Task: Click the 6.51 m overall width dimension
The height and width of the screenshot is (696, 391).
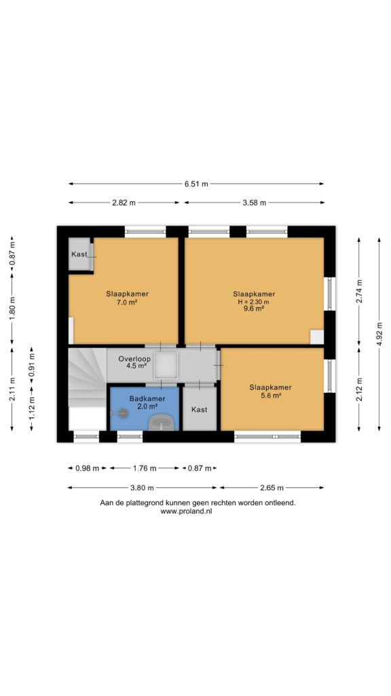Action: [x=196, y=184]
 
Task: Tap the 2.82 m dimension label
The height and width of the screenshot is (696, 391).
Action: [x=124, y=203]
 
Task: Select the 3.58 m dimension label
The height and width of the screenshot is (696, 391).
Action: [x=255, y=203]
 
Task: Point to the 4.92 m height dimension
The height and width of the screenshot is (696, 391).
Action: [x=379, y=334]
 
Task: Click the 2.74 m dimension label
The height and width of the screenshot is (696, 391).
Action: [x=359, y=291]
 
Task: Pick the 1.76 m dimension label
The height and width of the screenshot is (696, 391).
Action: [x=145, y=468]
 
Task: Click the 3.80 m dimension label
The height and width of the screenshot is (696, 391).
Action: [x=142, y=487]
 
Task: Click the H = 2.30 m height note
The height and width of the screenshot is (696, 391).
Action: [x=254, y=302]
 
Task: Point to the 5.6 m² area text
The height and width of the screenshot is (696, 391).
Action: [x=270, y=396]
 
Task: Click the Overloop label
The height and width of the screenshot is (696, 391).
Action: [x=134, y=359]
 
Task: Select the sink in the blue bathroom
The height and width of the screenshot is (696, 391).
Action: [x=162, y=422]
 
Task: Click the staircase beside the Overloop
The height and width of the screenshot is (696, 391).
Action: [x=87, y=377]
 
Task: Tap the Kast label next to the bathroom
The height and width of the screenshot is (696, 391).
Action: [x=199, y=409]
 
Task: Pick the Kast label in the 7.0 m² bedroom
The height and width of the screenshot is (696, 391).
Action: [x=79, y=254]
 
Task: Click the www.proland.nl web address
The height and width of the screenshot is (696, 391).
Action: [x=186, y=511]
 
